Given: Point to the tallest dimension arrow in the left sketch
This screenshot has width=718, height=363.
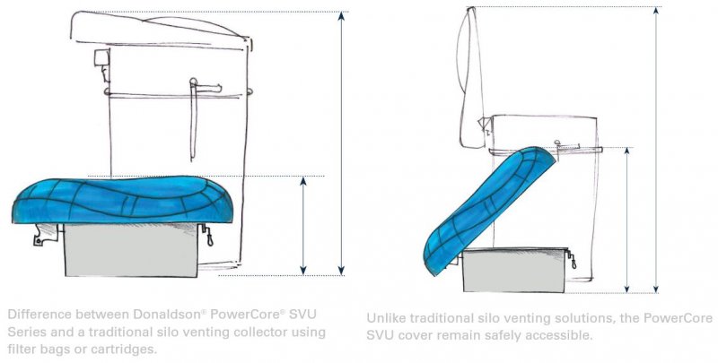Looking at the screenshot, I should (x=342, y=143).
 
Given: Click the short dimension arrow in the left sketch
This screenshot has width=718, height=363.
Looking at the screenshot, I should (x=302, y=224).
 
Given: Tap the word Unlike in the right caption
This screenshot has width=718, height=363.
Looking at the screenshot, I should (x=387, y=319).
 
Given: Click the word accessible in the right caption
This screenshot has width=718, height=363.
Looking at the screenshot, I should (x=552, y=336).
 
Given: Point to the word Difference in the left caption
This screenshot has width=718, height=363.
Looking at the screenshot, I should (x=36, y=315).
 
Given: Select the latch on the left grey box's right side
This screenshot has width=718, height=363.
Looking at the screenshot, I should (x=208, y=238).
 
